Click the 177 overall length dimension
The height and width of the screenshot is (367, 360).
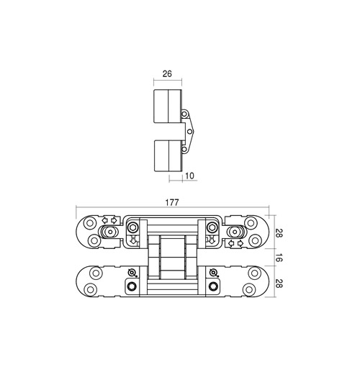coord(172,203)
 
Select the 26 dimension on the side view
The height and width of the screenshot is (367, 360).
coord(167,74)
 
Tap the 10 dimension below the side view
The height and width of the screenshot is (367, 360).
coord(189,176)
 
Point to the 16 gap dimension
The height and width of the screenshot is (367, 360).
coord(278,258)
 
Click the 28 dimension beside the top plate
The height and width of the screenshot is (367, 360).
coord(278,233)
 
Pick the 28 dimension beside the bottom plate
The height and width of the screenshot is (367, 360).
coord(278,283)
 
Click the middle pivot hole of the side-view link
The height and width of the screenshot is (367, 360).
coord(189,132)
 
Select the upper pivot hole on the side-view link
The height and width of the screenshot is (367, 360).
coord(184,114)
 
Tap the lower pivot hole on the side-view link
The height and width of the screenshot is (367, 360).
coord(184,149)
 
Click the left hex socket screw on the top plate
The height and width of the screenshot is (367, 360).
coord(132,227)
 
